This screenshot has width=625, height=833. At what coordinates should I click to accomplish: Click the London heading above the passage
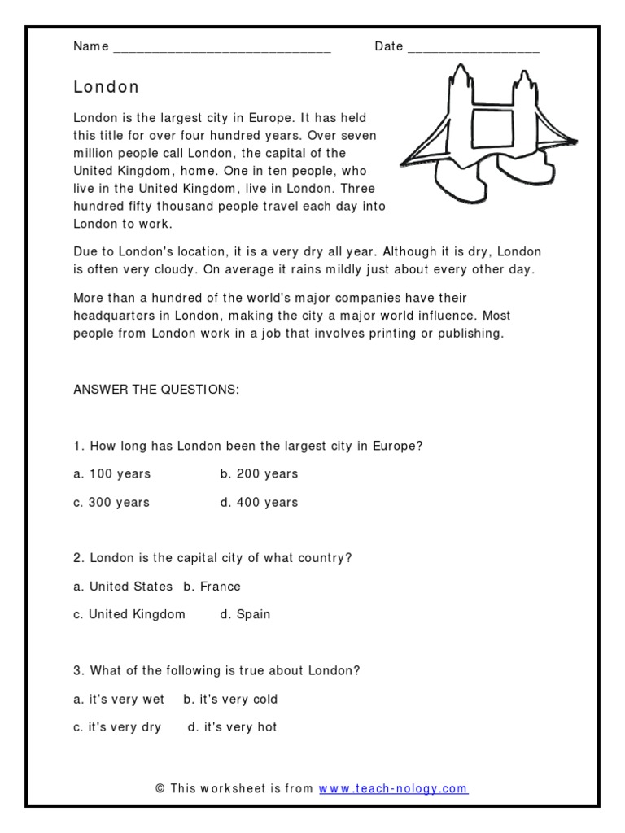(107, 87)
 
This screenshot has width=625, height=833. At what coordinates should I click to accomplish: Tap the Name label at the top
(90, 46)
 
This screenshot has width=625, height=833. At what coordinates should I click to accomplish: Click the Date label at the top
(389, 46)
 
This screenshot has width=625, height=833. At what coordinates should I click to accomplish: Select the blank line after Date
(473, 49)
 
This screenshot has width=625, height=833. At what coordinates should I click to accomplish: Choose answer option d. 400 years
(259, 503)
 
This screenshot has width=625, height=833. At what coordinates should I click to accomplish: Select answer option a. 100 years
(112, 474)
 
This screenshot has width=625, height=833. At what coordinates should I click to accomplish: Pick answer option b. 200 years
(259, 474)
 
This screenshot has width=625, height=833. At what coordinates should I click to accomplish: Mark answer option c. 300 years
(111, 503)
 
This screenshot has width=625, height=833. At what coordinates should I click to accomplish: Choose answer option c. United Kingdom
(129, 614)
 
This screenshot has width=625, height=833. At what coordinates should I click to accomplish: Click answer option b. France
(212, 587)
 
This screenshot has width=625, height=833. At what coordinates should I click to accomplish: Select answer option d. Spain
(245, 614)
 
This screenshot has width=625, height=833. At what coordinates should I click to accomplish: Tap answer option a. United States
(123, 587)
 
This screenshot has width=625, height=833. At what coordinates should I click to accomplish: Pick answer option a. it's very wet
(119, 699)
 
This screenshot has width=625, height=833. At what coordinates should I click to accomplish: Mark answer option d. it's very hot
(232, 727)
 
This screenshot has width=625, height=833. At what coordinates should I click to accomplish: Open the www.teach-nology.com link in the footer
(393, 788)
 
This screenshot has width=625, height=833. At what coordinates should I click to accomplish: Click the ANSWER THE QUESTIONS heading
(156, 390)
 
